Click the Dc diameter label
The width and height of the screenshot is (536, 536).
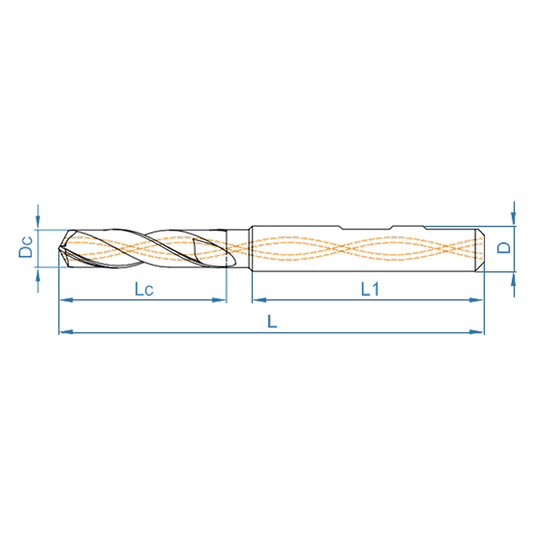click(x=26, y=247)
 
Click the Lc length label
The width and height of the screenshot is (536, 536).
click(x=144, y=289)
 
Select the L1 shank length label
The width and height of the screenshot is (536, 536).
click(x=370, y=289)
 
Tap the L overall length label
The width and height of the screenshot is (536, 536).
click(x=272, y=321)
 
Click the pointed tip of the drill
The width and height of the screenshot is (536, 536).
click(x=59, y=249)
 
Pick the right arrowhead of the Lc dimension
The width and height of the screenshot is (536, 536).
click(x=219, y=300)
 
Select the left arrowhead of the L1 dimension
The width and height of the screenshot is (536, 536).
click(x=259, y=300)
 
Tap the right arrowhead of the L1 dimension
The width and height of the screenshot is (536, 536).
click(x=476, y=300)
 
